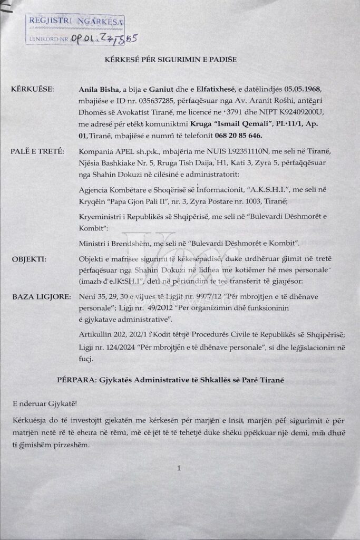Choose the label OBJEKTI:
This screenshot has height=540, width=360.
click(x=30, y=259)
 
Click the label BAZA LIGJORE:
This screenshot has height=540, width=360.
click(x=41, y=297)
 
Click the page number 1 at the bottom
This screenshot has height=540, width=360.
click(x=179, y=468)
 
